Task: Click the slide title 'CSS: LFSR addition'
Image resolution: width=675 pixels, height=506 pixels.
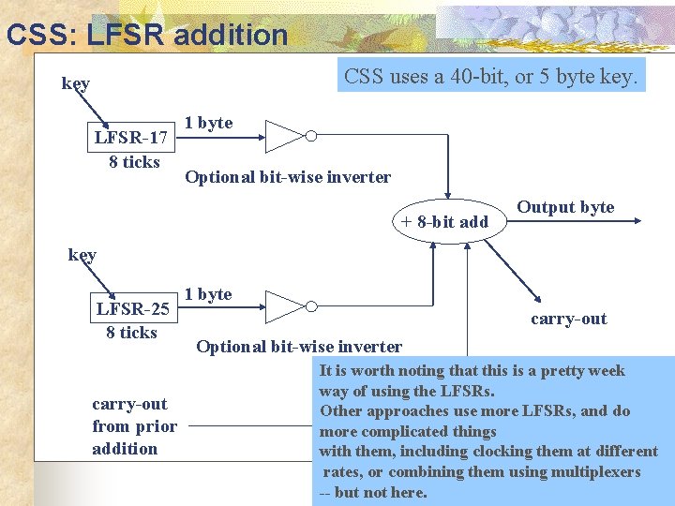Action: pyautogui.click(x=146, y=35)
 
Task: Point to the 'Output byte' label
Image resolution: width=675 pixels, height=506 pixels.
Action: pyautogui.click(x=565, y=207)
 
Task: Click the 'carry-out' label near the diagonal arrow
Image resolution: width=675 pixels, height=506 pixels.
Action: pyautogui.click(x=568, y=319)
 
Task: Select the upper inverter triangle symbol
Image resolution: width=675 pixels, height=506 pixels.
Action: pyautogui.click(x=284, y=136)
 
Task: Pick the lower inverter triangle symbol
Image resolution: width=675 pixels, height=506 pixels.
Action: pyautogui.click(x=284, y=306)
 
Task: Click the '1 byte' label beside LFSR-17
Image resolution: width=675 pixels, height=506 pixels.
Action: pyautogui.click(x=208, y=123)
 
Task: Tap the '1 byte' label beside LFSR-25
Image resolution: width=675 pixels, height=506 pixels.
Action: pyautogui.click(x=208, y=293)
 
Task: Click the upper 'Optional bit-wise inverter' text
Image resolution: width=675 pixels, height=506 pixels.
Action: pyautogui.click(x=288, y=177)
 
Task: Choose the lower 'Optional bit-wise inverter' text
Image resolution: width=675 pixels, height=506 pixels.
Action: pyautogui.click(x=299, y=347)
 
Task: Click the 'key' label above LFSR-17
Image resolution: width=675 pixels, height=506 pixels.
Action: pyautogui.click(x=76, y=83)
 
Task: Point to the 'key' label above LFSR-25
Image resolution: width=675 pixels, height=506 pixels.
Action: pyautogui.click(x=82, y=254)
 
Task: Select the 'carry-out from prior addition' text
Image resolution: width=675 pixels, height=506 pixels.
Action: pyautogui.click(x=133, y=426)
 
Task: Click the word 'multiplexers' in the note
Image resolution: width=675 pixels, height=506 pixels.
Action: pyautogui.click(x=596, y=472)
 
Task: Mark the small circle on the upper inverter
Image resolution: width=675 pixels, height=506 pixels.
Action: pyautogui.click(x=311, y=136)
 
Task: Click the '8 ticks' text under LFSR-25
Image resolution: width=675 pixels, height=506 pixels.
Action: pyautogui.click(x=132, y=332)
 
